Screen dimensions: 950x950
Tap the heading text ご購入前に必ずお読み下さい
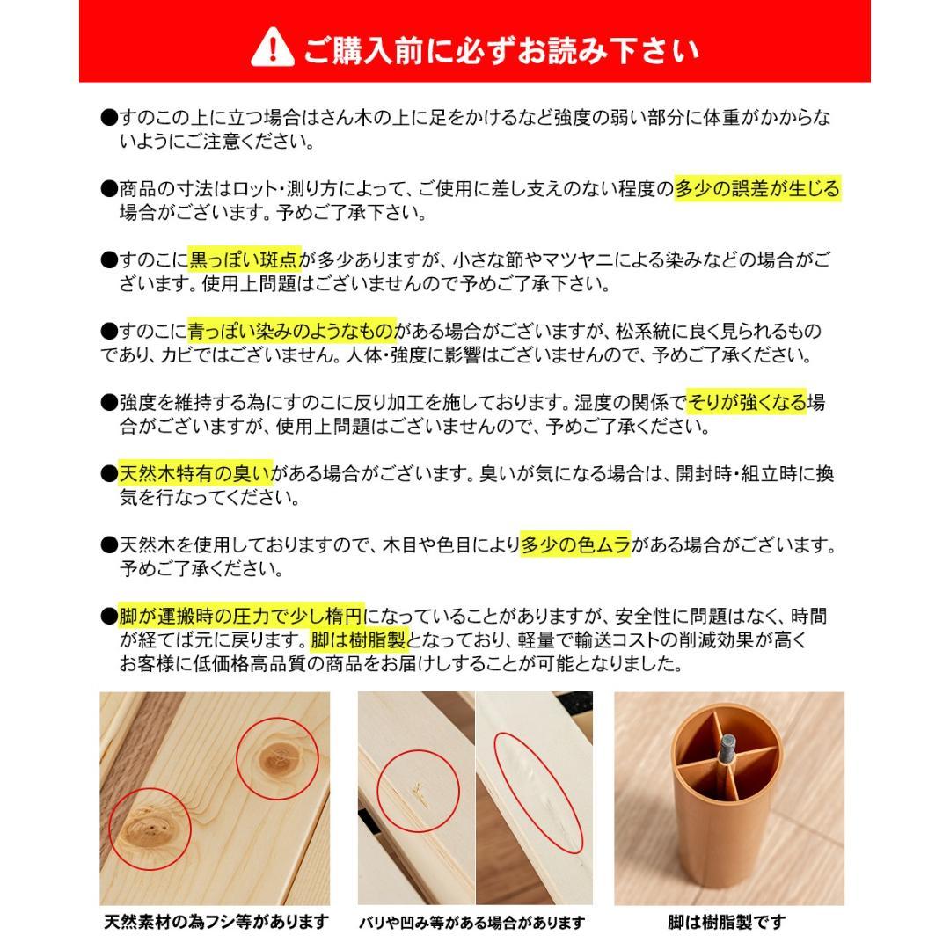(x=501, y=49)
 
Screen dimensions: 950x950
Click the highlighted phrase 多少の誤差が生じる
(x=757, y=189)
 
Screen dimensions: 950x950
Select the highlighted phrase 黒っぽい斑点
(x=245, y=259)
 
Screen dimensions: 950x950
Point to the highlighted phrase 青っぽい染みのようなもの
(x=292, y=332)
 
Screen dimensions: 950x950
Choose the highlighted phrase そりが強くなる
(x=746, y=403)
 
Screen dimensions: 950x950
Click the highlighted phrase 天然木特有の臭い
(x=195, y=474)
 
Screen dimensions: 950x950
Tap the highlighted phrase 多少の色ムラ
(x=575, y=545)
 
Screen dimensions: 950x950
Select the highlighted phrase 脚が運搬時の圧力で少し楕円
(x=241, y=617)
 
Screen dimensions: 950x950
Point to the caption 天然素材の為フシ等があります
(x=216, y=922)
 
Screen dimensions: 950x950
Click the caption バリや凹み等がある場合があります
(x=471, y=923)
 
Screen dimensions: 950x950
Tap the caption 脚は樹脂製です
(x=727, y=922)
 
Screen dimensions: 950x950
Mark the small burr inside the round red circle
(x=420, y=792)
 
